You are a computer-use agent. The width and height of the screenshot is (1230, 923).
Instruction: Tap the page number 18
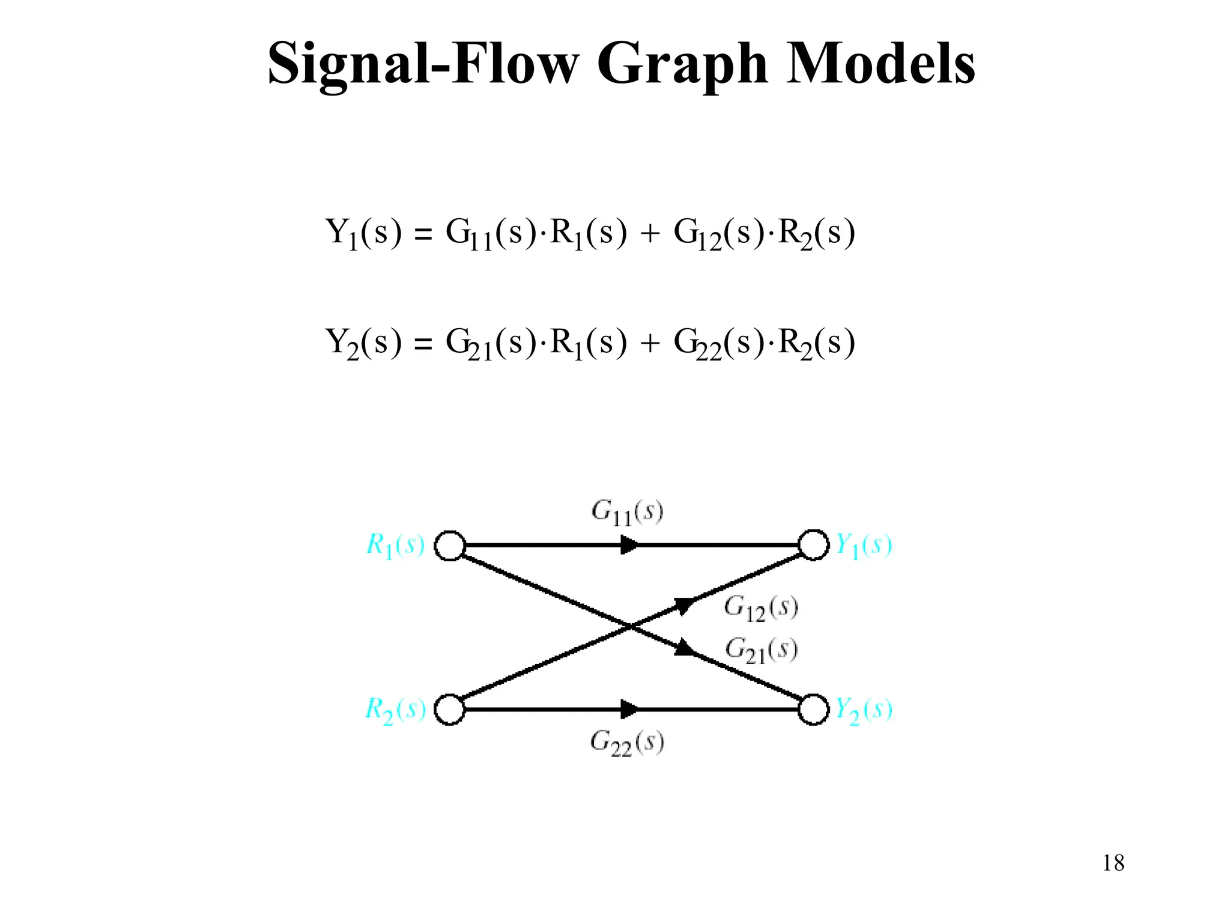pos(1113,863)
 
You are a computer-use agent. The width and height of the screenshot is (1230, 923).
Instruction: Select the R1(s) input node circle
pos(450,546)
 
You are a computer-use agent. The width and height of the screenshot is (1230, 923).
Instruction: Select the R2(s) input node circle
pos(450,710)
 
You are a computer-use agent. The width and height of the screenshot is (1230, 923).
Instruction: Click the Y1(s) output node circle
pos(813,545)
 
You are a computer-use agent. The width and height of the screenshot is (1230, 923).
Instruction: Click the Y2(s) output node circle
pos(813,710)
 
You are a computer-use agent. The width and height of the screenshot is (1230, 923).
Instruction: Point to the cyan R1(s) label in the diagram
pos(395,546)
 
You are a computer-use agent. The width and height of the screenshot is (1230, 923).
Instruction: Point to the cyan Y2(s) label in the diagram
pos(864,710)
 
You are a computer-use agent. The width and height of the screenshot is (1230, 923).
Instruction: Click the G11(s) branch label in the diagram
pos(627,513)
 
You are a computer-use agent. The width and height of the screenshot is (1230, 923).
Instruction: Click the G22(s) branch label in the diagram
pos(627,743)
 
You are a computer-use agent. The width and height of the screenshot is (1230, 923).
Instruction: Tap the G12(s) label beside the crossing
pos(761,608)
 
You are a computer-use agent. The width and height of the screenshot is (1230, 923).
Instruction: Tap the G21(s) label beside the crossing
pos(761,650)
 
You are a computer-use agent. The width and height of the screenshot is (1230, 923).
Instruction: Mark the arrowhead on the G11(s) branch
pos(629,545)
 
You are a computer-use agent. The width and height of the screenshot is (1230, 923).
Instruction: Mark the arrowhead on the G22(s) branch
pos(629,709)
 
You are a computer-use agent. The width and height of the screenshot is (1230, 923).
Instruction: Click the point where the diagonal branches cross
pos(630,627)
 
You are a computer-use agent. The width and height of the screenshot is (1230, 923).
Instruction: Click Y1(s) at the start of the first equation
pos(363,233)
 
